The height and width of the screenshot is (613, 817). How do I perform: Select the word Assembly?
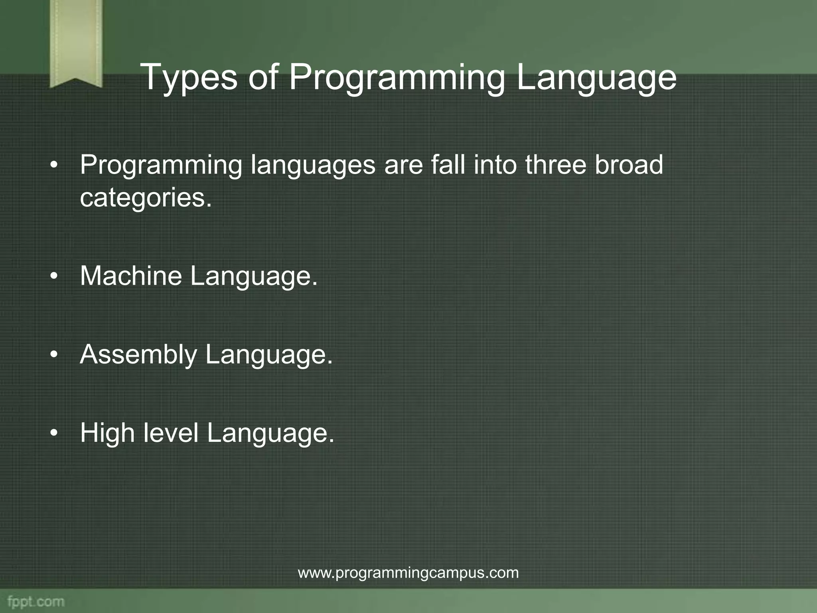pos(138,354)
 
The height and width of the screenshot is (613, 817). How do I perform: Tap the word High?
pos(107,433)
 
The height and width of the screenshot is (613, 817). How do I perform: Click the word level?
pos(171,433)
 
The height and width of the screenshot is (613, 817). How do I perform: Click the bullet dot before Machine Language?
pos(54,276)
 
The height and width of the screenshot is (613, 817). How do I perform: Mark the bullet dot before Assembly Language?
pos(54,355)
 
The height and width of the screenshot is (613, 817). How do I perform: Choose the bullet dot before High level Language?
pos(54,433)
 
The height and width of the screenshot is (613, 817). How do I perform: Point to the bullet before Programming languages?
pos(54,165)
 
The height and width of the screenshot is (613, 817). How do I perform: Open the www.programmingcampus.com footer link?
pos(408,573)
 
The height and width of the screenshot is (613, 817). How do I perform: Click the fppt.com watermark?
pos(36,602)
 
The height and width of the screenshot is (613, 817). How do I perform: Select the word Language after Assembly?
pos(268,354)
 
